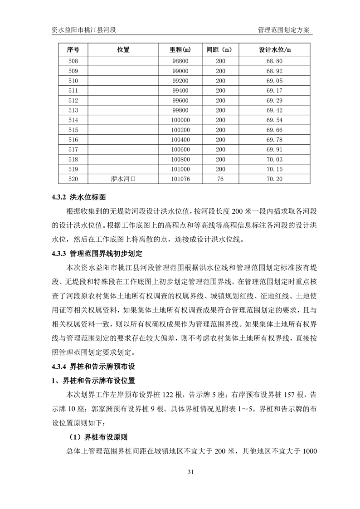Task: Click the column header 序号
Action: (x=73, y=49)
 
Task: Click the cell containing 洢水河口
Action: (x=123, y=179)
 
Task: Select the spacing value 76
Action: (x=220, y=179)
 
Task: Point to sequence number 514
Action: (x=73, y=120)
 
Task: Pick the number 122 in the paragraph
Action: (x=180, y=395)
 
